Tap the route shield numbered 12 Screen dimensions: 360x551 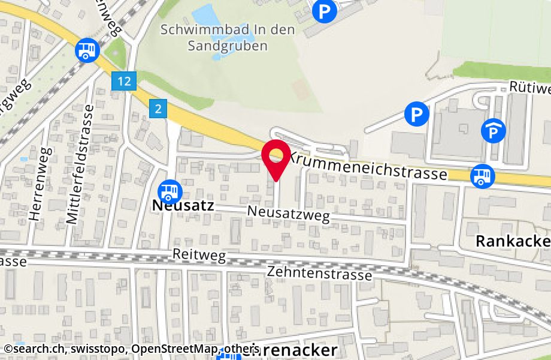point(125,80)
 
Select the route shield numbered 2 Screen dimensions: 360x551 point(158,109)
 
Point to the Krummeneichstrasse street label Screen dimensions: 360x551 point(368,166)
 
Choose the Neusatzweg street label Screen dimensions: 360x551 point(289,213)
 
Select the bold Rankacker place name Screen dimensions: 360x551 point(513,241)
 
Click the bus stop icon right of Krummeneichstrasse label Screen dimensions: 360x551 point(482,176)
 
